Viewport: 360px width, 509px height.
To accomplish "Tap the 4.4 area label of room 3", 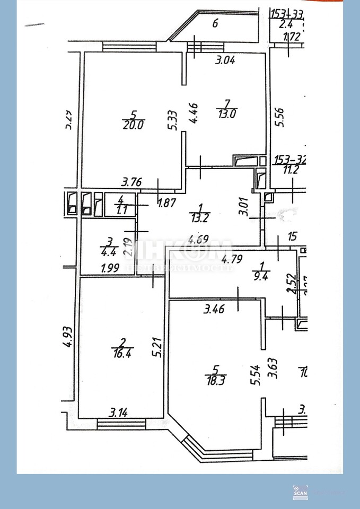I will (x=108, y=252).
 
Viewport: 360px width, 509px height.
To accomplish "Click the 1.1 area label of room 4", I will (x=121, y=209).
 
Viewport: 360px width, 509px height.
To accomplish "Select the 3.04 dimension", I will (x=224, y=60).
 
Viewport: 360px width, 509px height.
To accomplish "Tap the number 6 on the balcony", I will (x=215, y=23).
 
